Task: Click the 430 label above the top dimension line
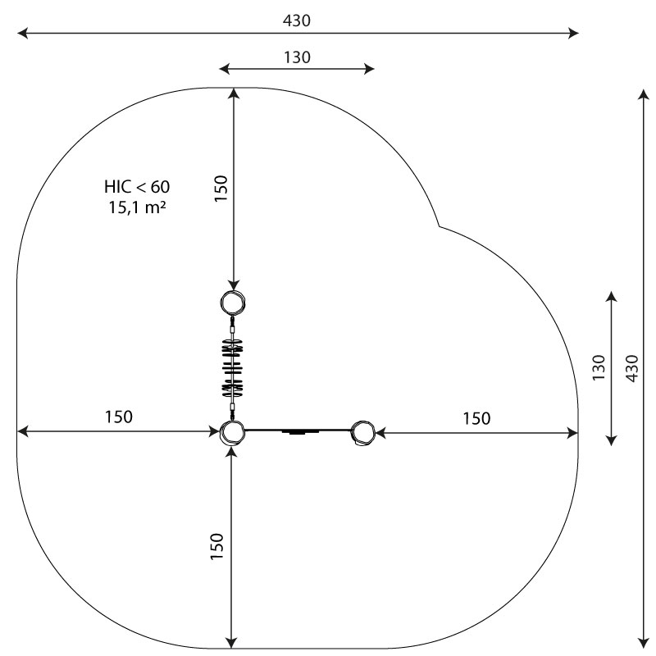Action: tap(297, 20)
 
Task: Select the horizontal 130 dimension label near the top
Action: tap(297, 57)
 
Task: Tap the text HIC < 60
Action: tap(137, 187)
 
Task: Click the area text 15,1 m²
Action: tap(137, 207)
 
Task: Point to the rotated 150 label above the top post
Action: tap(221, 189)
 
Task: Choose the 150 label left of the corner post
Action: tap(118, 417)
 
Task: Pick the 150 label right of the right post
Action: tap(476, 418)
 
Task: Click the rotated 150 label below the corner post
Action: tap(216, 546)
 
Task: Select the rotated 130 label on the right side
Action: tap(599, 367)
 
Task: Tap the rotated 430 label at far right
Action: tap(632, 368)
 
